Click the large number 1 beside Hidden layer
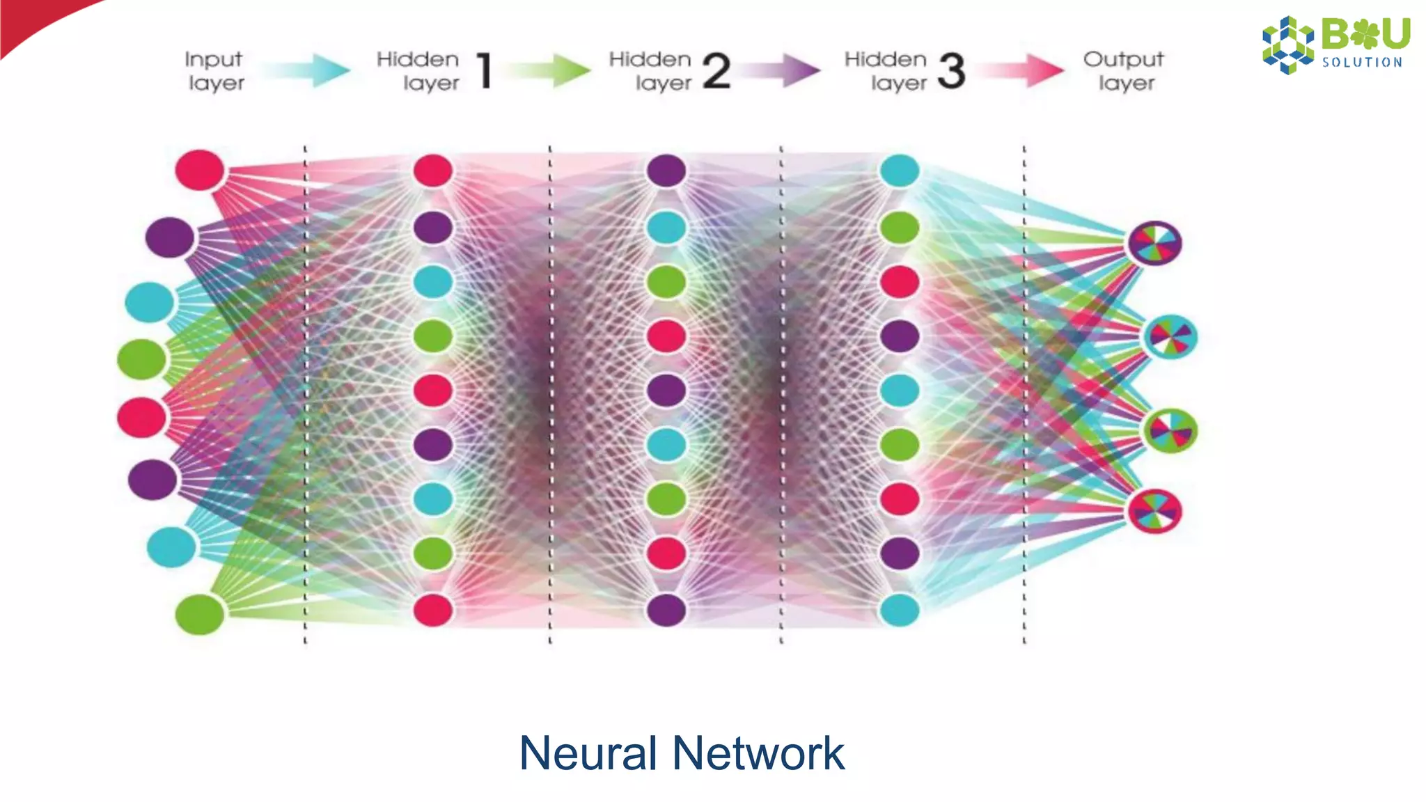pyautogui.click(x=485, y=71)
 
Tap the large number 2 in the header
pyautogui.click(x=716, y=71)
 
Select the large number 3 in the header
pyautogui.click(x=951, y=71)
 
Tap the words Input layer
pyautogui.click(x=214, y=71)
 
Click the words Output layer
pyautogui.click(x=1124, y=71)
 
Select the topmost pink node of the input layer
pyautogui.click(x=200, y=170)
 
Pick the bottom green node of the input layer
pyautogui.click(x=200, y=614)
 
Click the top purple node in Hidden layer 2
pyautogui.click(x=666, y=171)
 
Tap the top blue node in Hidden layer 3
pyautogui.click(x=900, y=171)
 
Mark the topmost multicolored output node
pyautogui.click(x=1154, y=243)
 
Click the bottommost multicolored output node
pyautogui.click(x=1154, y=511)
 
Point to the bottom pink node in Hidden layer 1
pyautogui.click(x=433, y=610)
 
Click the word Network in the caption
pyautogui.click(x=758, y=753)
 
